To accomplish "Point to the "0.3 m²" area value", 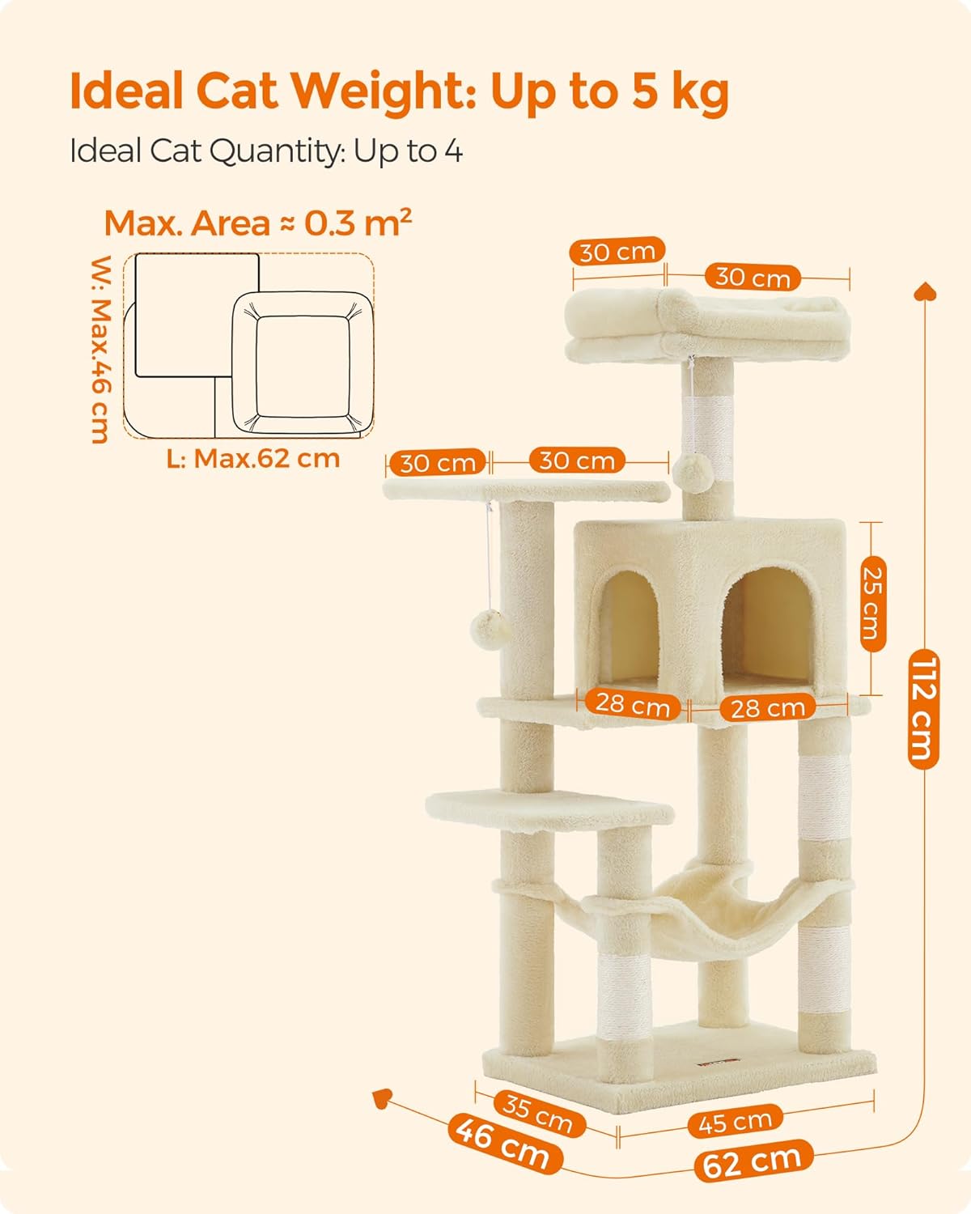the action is click(x=358, y=223).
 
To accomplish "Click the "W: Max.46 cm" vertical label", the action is click(x=101, y=349).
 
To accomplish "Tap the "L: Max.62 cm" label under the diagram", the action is click(x=253, y=459).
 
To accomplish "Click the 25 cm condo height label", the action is click(x=872, y=604).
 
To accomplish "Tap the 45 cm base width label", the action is click(x=736, y=1121).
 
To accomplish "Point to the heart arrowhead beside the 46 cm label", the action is click(x=382, y=1098).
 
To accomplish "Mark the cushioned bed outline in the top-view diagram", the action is click(x=303, y=362).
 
